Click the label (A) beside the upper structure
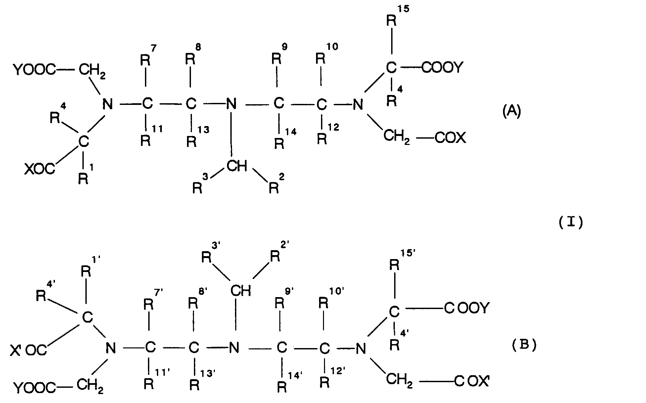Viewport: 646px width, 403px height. coord(511,112)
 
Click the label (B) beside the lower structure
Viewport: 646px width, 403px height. coord(524,345)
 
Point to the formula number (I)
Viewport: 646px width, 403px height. coord(571,223)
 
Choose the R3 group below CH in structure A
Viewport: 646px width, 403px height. coord(200,184)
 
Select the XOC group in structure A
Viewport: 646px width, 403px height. coord(40,169)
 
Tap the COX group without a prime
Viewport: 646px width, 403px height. coord(450,138)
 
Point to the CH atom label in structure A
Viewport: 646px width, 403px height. coord(237,166)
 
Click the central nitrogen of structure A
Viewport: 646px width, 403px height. coord(231,105)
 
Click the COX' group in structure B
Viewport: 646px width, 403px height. coord(472,381)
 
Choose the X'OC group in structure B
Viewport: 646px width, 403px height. coord(28,350)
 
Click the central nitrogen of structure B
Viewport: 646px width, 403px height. coord(234,348)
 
